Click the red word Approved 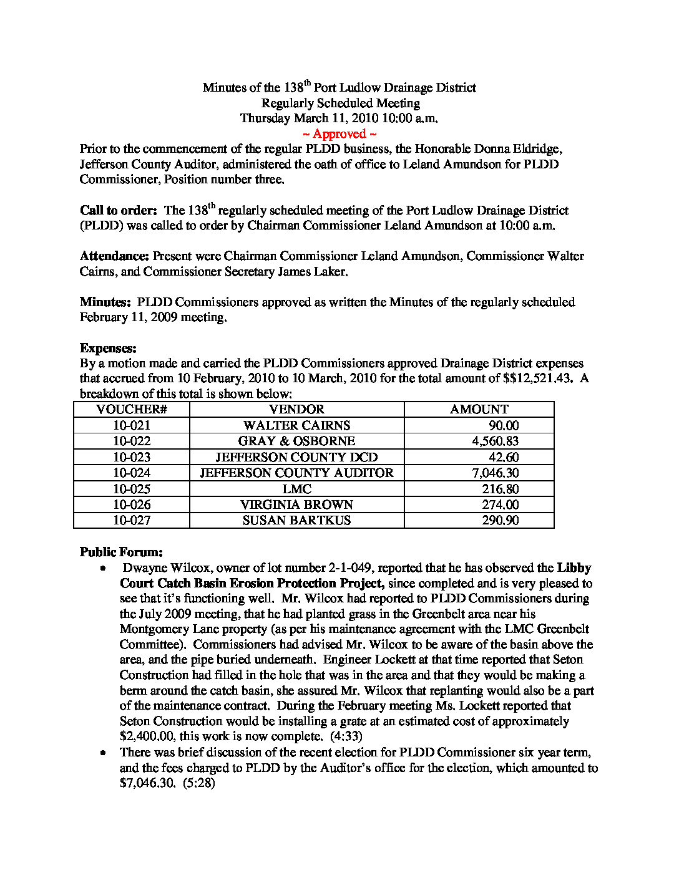coord(339,134)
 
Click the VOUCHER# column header coord(132,410)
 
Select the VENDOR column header coord(296,410)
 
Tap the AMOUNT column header coord(479,410)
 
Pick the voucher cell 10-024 coord(132,473)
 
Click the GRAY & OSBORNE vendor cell coord(296,441)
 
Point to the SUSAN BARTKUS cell coord(296,521)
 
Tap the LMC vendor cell coord(296,489)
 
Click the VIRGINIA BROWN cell coord(296,505)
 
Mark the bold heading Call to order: coord(118,211)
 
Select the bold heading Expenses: coord(108,349)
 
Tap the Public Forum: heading coord(121,552)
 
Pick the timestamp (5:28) coord(198,783)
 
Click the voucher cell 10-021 coord(132,426)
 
